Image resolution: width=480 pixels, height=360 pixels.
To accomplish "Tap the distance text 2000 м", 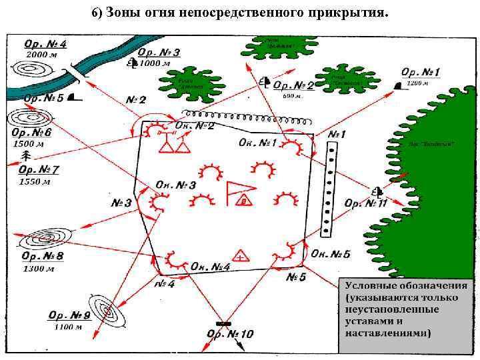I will click(39, 55).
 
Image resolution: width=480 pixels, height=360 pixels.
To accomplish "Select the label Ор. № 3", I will click(160, 52).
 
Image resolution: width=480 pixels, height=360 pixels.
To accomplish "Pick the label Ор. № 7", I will click(39, 170).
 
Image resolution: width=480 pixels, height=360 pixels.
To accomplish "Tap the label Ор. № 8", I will click(43, 256).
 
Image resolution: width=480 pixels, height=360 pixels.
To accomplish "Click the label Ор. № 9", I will click(69, 315).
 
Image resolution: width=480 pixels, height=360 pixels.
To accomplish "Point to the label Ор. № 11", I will click(365, 203).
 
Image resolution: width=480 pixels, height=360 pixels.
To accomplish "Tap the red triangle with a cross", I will click(240, 255).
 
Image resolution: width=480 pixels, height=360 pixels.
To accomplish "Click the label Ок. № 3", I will click(175, 185).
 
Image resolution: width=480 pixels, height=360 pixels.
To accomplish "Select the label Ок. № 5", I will click(330, 254).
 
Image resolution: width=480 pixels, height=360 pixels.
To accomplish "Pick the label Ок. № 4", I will click(211, 267).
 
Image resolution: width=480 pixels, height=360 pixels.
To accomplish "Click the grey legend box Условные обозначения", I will click(406, 313).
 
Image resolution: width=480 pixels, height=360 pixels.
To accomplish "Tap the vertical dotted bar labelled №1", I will click(328, 190).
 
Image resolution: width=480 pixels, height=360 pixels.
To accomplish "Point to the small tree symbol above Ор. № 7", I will click(26, 155).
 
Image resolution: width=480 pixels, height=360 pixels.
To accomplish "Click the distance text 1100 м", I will click(68, 327).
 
